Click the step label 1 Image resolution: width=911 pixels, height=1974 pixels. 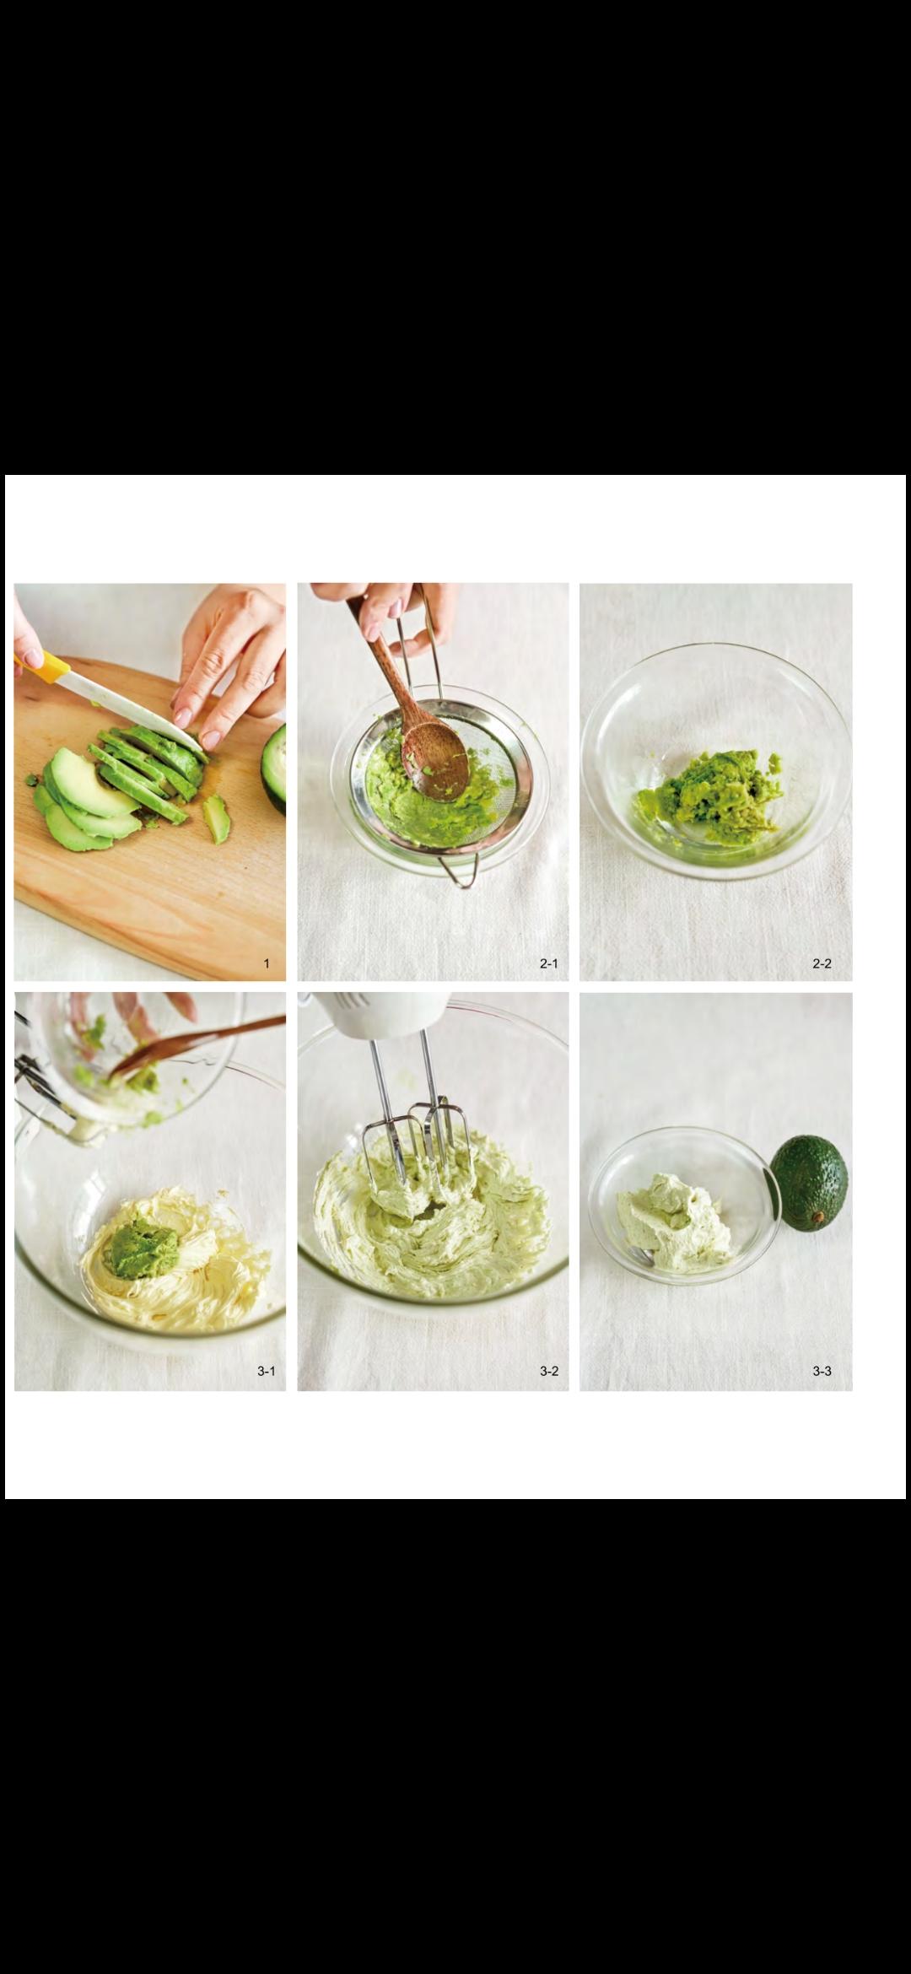pyautogui.click(x=267, y=963)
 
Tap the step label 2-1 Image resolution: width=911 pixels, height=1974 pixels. pyautogui.click(x=549, y=963)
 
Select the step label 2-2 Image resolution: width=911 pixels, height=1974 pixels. pyautogui.click(x=822, y=963)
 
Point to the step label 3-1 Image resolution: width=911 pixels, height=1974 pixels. pyautogui.click(x=267, y=1371)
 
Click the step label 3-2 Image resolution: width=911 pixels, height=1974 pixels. pyautogui.click(x=549, y=1371)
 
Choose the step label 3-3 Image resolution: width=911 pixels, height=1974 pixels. pyautogui.click(x=822, y=1371)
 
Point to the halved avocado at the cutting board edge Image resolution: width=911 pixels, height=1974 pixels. pyautogui.click(x=274, y=766)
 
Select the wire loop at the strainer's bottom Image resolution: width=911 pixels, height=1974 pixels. pyautogui.click(x=462, y=866)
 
